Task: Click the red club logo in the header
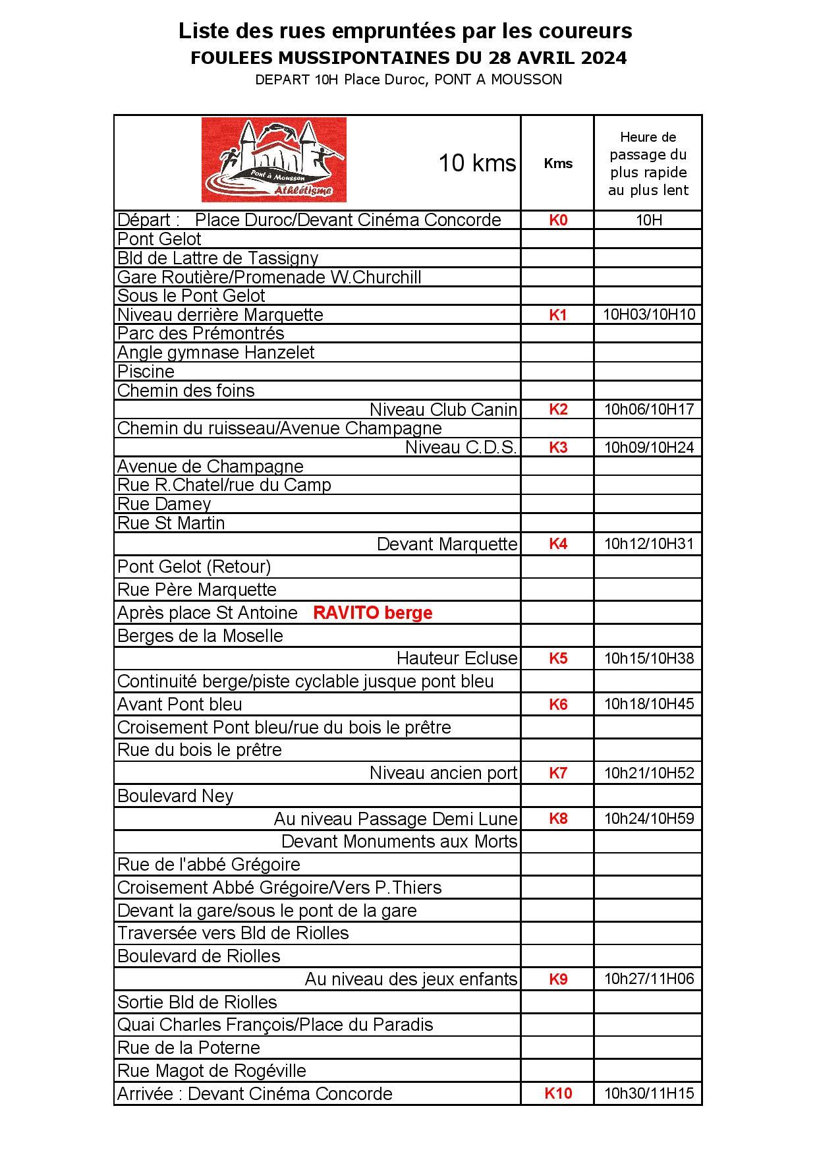(273, 160)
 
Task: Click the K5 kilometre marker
(558, 658)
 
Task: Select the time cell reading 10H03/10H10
(649, 314)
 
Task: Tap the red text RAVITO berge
(372, 613)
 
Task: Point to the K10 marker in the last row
(558, 1093)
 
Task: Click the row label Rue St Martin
(171, 523)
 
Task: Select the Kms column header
(558, 163)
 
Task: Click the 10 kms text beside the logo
(477, 163)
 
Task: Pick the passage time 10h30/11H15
(649, 1093)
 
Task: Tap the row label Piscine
(146, 372)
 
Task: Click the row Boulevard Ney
(175, 796)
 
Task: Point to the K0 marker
(558, 220)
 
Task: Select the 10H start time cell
(649, 220)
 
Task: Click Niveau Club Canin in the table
(443, 410)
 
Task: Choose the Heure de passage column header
(648, 163)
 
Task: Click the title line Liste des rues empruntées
(405, 31)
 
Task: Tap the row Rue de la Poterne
(188, 1048)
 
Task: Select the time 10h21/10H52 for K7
(649, 773)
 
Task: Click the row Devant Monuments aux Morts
(399, 842)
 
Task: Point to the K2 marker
(558, 409)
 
